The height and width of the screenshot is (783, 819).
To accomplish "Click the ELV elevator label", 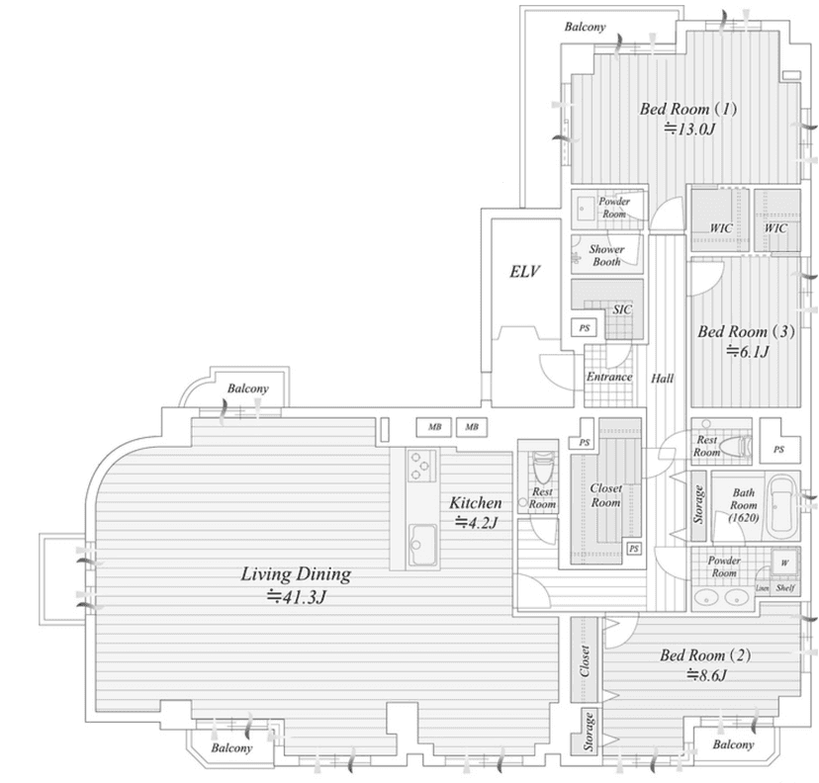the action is click(524, 272).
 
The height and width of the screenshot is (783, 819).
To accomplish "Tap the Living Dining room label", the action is click(296, 574).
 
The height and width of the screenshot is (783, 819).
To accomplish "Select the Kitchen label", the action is click(476, 502).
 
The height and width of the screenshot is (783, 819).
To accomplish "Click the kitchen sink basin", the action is click(422, 545).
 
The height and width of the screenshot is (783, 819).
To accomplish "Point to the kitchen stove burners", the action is click(421, 466).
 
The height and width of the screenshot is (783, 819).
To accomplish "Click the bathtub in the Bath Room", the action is click(782, 506).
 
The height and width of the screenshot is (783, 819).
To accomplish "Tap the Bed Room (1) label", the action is click(688, 109).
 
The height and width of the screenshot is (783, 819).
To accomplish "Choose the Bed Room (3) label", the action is click(746, 331).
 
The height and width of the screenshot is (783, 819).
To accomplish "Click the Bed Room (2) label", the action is click(705, 655).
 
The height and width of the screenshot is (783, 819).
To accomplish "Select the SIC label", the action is click(622, 309).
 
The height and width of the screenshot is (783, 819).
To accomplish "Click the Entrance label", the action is click(609, 377).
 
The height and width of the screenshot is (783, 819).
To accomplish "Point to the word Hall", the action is click(663, 378).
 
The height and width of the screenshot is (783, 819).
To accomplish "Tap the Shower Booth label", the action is click(606, 255).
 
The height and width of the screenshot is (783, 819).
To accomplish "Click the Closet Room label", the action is click(606, 495).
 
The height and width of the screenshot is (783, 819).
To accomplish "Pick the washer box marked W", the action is click(785, 563).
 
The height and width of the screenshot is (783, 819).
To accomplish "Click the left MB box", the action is click(434, 427).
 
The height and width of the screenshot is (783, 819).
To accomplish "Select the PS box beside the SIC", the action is click(585, 328).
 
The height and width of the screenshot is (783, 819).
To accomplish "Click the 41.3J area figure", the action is click(296, 596).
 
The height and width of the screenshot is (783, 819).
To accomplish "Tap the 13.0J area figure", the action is click(689, 129).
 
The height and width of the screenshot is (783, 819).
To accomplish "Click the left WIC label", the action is click(721, 228).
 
